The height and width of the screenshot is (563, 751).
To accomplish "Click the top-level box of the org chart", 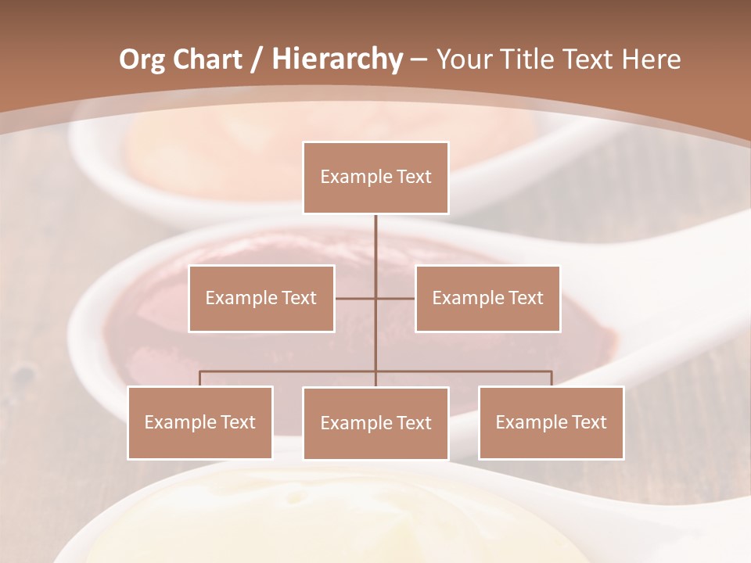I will point(375,178).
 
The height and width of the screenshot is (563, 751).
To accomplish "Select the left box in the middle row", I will point(261,298).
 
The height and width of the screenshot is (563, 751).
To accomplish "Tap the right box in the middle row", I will point(487,298).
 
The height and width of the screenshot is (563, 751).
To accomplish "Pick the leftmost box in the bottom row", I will point(200,422).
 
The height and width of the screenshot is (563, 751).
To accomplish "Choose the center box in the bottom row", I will point(375,423).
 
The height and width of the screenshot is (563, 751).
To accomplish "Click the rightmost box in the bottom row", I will point(551,422).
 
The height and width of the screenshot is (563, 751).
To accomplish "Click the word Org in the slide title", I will point(142,59).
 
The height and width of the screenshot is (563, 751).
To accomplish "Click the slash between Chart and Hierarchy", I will point(256,59).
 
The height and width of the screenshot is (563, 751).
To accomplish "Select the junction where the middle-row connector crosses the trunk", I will point(375,298).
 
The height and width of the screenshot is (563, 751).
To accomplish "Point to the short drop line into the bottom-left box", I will point(200,378).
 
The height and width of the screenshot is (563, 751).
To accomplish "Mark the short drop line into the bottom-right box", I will point(552,378).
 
